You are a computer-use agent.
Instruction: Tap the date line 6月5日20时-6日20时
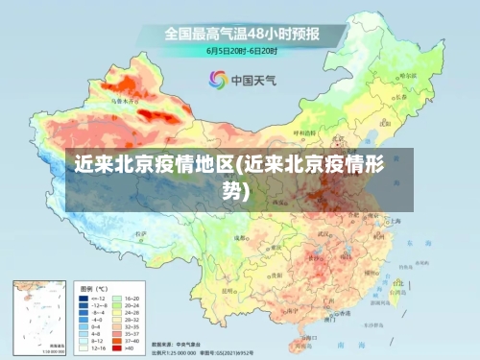[242, 50]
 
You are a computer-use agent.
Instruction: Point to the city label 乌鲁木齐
[124, 100]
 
